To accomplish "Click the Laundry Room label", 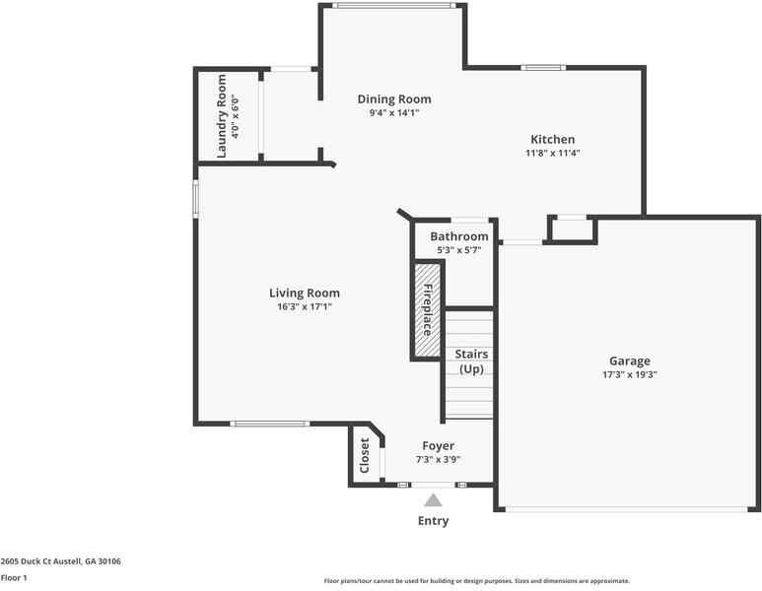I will (x=222, y=116).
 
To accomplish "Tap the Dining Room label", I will (x=393, y=99).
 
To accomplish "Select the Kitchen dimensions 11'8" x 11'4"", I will (x=552, y=153).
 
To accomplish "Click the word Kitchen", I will (x=552, y=139).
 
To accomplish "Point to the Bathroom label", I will (x=458, y=236).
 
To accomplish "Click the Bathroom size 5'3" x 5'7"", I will (x=458, y=250).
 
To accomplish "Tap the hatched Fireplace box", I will (x=426, y=310).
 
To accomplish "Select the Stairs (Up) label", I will (x=470, y=361).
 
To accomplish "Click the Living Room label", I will (x=305, y=293).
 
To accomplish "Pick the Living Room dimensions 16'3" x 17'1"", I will (x=305, y=306).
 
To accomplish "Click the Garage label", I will (x=629, y=361).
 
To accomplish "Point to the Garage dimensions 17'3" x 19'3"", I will (x=629, y=374).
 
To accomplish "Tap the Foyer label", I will (x=439, y=446).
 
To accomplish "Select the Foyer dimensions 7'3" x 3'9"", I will (x=439, y=459).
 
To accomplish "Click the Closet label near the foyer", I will (x=365, y=455).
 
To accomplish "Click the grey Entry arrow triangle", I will (x=433, y=500).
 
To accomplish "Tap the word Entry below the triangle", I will (x=433, y=521).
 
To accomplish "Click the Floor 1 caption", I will (x=14, y=578).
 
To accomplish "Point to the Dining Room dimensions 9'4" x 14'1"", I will (x=393, y=113).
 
